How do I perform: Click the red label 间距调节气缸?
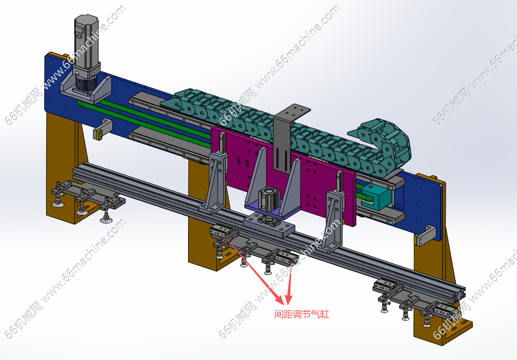click(302, 314)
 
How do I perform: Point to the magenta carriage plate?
click(284, 176)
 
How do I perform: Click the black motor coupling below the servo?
click(86, 85)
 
